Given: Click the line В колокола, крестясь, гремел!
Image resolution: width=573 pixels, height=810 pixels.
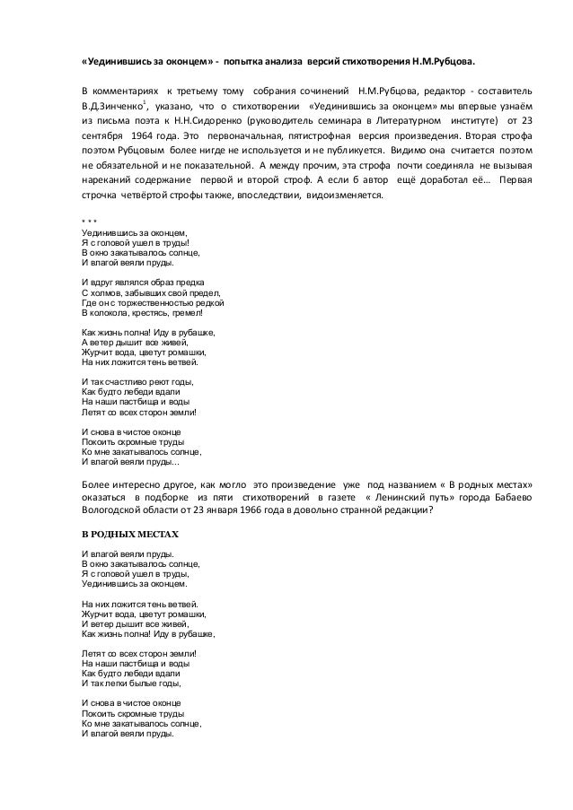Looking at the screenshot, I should coord(141,313).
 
